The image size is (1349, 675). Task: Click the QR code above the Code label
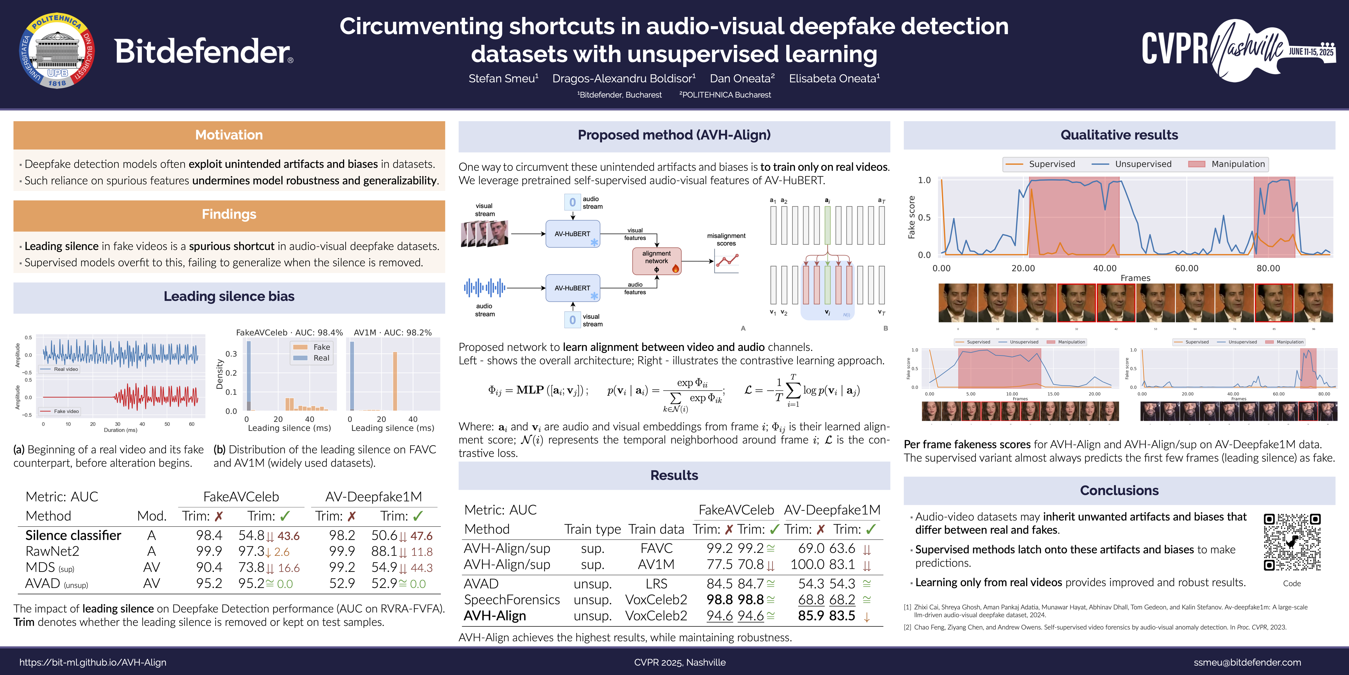click(1292, 542)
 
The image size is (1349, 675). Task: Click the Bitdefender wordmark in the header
click(203, 51)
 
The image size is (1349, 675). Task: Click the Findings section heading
click(229, 214)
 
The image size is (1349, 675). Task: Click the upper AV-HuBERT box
click(572, 234)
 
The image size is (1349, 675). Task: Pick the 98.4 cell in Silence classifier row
click(209, 535)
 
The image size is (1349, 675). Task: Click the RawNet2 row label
click(52, 551)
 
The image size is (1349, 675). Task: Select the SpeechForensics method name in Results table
click(512, 600)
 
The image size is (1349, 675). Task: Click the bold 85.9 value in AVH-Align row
click(811, 616)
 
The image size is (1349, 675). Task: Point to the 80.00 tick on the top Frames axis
click(1268, 268)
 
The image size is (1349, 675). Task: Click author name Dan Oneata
click(741, 79)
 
